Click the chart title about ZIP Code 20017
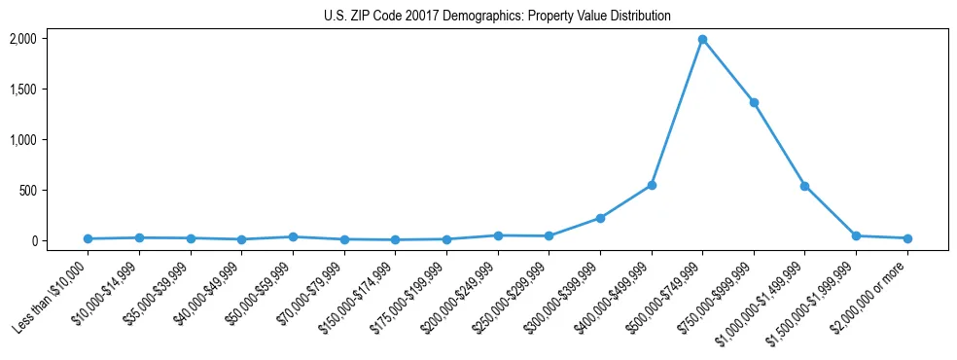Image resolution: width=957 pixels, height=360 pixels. tap(497, 17)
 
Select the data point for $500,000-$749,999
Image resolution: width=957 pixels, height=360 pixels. tap(702, 39)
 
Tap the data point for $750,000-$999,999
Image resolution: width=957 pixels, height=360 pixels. tap(754, 102)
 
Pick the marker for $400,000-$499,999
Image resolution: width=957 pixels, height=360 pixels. tap(652, 185)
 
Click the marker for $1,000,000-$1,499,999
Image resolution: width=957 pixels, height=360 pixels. tap(804, 186)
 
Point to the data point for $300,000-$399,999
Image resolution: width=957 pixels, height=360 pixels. tap(600, 218)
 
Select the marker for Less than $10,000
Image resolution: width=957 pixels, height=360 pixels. tap(89, 238)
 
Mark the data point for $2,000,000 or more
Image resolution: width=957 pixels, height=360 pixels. tap(907, 238)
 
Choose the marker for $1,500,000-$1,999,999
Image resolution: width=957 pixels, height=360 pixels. tap(856, 235)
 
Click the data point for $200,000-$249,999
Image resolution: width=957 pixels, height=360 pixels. tap(498, 235)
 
